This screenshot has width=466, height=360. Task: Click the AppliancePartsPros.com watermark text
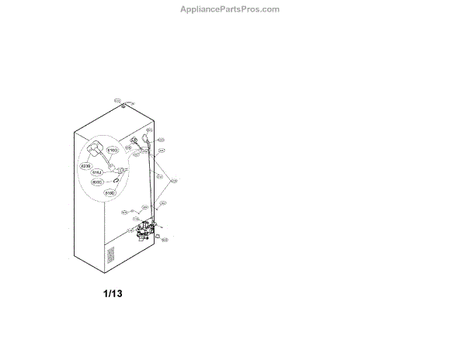tap(229, 9)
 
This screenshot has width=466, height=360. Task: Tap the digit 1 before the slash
tap(106, 294)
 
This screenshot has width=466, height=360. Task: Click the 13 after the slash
tap(117, 294)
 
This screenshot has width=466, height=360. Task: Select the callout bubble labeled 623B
tap(85, 166)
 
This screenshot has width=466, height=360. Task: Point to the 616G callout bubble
tap(113, 150)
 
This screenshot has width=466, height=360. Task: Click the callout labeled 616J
tap(98, 173)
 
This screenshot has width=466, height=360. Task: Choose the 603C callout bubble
tap(97, 182)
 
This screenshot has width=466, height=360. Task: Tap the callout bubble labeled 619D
tap(110, 192)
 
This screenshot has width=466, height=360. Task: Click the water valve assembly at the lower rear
tap(142, 230)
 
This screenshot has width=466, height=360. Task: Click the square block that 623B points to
tap(96, 151)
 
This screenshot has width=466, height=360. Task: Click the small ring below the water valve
tap(158, 235)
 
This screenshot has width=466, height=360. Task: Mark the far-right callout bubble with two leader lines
tap(174, 181)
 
